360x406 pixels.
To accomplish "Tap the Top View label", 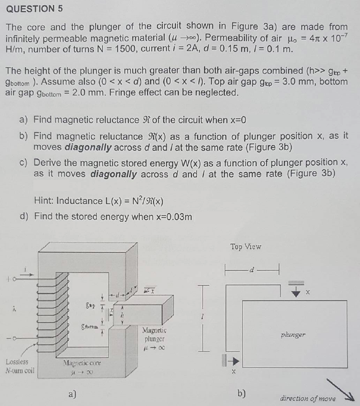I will (246, 247).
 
